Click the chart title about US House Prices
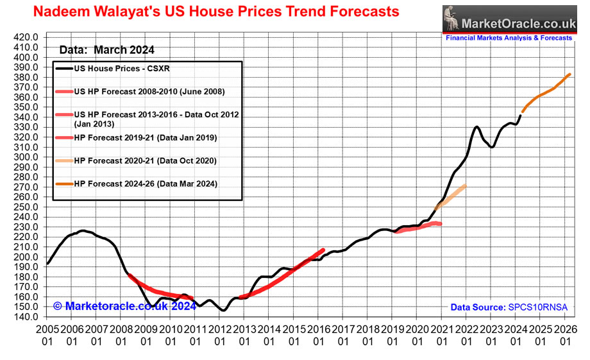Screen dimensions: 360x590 pos(215,12)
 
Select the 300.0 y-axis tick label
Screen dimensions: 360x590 pos(25,157)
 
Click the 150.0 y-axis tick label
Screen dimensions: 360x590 pos(25,307)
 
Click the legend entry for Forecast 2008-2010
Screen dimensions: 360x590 pos(149,92)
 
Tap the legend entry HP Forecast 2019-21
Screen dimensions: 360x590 pos(146,137)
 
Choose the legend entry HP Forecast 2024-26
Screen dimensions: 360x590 pos(146,184)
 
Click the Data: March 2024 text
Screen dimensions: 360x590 pos(106,50)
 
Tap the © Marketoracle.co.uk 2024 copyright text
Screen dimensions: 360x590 pos(124,306)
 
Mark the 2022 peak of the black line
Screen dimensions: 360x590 pos(476,127)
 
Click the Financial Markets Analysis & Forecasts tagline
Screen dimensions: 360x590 pos(509,38)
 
